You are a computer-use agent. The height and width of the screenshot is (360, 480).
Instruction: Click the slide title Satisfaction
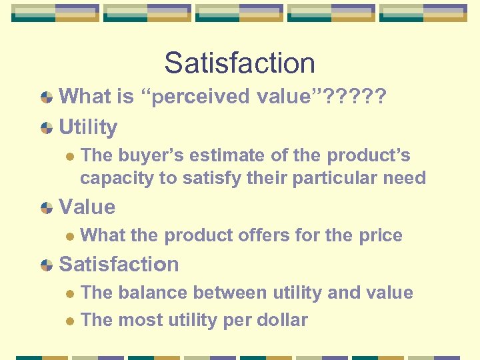tap(239, 63)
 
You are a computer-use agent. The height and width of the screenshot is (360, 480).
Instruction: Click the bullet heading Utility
tap(88, 127)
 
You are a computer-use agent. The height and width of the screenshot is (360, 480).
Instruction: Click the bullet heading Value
tap(87, 207)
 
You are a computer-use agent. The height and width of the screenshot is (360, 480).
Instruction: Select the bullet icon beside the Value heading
tap(46, 207)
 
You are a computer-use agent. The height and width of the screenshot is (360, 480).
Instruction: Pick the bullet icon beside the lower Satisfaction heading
tap(46, 265)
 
